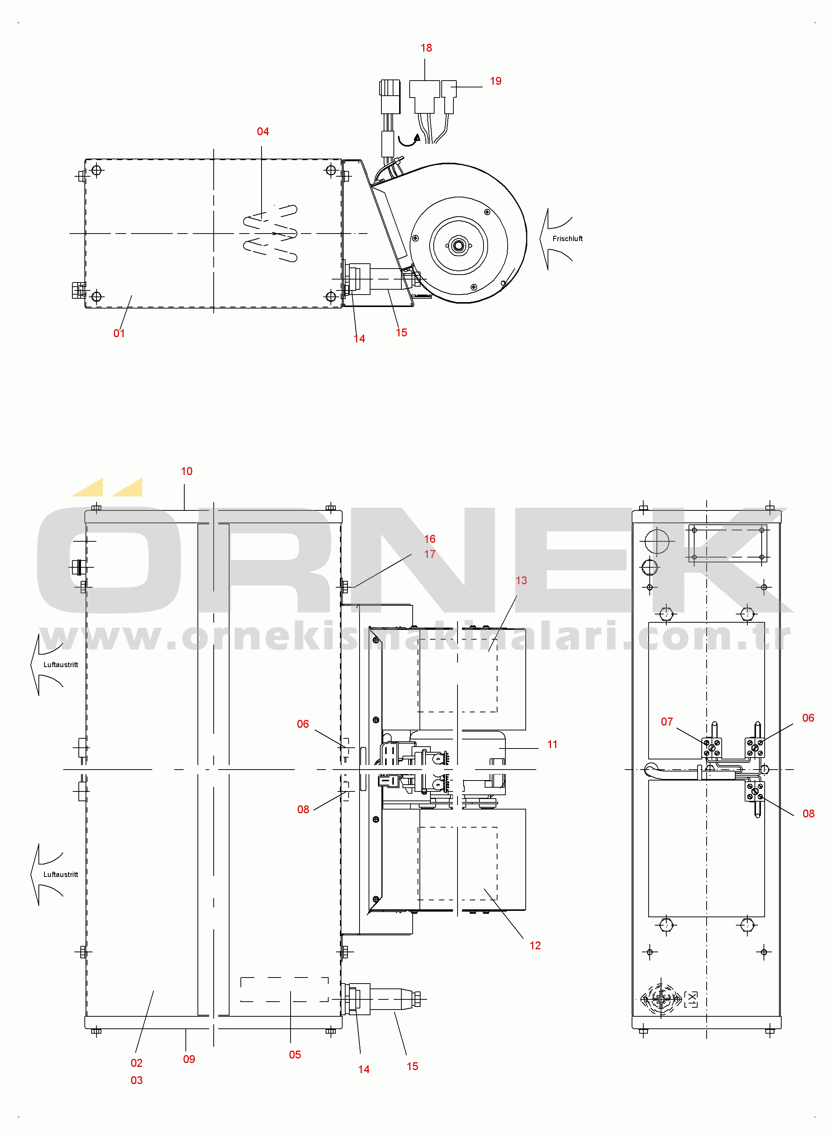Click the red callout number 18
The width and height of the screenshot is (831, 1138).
(426, 48)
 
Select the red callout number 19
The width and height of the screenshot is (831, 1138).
(496, 81)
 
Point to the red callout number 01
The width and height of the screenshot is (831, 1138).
(119, 333)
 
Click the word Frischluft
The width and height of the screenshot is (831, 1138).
(568, 239)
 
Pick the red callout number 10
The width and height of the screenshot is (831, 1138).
(187, 471)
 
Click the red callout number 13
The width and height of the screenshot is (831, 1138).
(521, 580)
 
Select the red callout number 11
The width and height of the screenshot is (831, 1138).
(552, 744)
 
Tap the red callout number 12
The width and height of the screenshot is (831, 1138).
(535, 946)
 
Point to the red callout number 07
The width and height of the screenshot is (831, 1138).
(667, 722)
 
